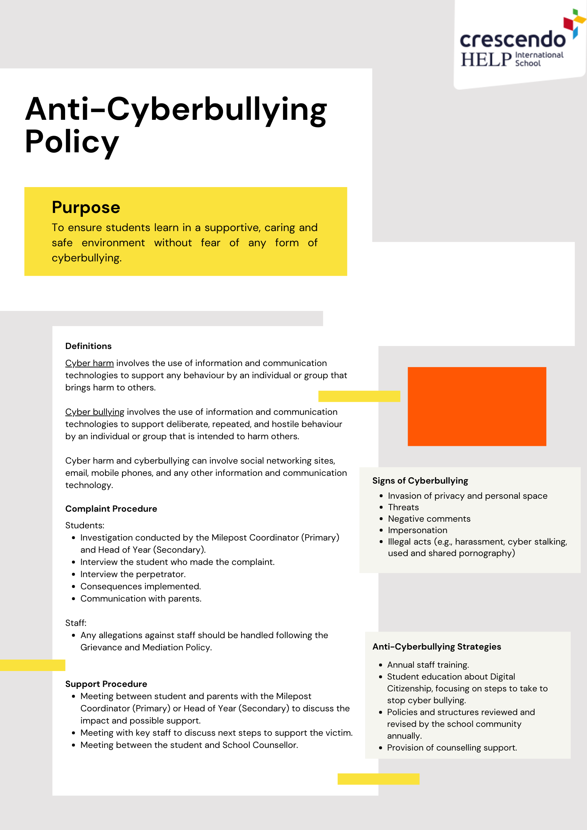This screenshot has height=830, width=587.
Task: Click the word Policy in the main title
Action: (72, 142)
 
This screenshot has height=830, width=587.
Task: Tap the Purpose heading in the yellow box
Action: (86, 207)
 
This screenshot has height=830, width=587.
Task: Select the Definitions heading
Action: (88, 346)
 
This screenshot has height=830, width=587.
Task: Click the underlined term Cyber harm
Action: (90, 363)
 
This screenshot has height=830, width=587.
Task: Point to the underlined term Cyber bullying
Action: (95, 412)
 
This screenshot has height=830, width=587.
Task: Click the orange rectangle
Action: (477, 406)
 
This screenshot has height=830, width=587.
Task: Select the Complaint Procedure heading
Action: (111, 509)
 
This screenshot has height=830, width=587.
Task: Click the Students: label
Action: (85, 525)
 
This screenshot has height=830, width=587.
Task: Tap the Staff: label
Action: (76, 623)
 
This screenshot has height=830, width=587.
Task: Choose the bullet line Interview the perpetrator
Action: (133, 574)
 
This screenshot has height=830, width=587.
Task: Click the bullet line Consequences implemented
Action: (141, 586)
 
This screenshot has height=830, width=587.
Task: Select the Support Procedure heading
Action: (106, 684)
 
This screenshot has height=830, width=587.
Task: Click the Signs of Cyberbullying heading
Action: (420, 481)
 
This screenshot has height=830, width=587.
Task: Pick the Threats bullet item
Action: (403, 507)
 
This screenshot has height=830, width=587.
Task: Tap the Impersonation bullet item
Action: (417, 530)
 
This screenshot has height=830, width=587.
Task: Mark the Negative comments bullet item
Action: (429, 519)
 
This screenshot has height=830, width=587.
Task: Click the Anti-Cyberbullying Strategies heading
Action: (436, 647)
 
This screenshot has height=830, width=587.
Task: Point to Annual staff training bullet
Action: (428, 665)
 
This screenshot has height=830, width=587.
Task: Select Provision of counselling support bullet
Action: (452, 748)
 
